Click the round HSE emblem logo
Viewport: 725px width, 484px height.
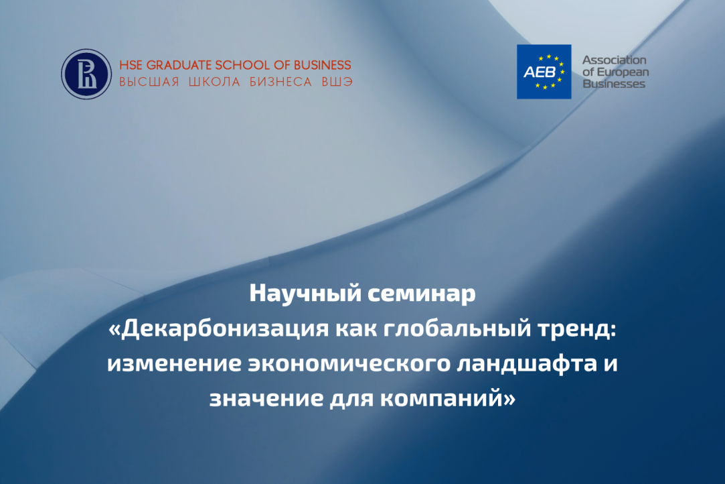point(86,74)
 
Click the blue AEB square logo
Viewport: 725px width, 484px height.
point(544,72)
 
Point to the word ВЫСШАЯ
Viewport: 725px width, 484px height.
point(149,82)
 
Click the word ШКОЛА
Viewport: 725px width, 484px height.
point(214,82)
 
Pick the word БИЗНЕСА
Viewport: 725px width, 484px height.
point(280,82)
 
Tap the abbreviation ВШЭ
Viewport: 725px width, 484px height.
point(337,82)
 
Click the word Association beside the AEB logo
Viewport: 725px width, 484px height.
point(614,60)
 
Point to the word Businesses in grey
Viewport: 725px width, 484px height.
point(614,84)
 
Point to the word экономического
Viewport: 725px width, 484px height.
point(349,364)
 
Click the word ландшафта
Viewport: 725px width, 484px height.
point(527,364)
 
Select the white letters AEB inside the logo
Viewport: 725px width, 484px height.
point(539,72)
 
